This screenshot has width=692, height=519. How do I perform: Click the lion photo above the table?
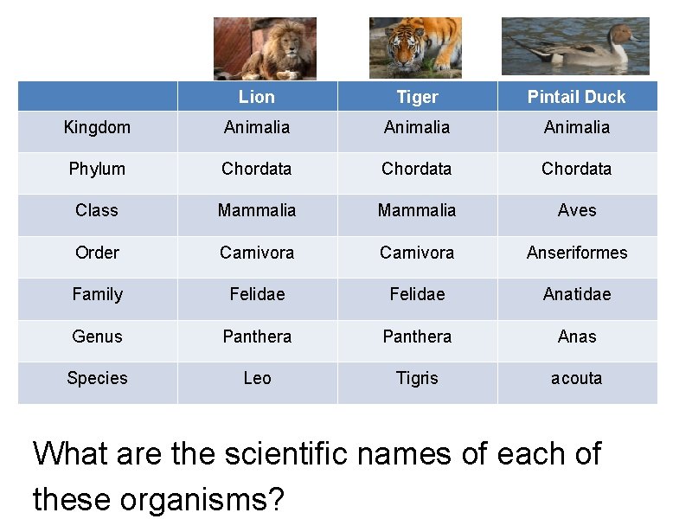(265, 49)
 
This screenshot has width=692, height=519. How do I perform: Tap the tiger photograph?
(415, 48)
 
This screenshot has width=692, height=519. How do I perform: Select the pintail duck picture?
(575, 46)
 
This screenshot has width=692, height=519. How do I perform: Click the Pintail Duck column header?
(576, 97)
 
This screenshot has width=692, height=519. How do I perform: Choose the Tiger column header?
(417, 97)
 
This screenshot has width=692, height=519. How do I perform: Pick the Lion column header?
(257, 97)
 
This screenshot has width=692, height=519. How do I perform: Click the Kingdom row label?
(97, 127)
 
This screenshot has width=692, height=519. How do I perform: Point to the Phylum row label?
(97, 169)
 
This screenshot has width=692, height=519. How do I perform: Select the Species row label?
(97, 378)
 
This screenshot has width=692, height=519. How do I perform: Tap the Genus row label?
(97, 336)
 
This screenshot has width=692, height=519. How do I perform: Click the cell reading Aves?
(577, 210)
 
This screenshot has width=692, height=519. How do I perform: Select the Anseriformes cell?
(577, 253)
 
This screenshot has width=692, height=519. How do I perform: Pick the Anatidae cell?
(577, 294)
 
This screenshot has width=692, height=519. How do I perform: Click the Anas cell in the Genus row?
(577, 336)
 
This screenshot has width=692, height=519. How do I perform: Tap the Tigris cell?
(417, 378)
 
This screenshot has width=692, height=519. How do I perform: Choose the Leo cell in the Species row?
(257, 378)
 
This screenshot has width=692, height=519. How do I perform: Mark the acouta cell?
(577, 378)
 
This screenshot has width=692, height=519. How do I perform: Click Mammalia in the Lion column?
(257, 210)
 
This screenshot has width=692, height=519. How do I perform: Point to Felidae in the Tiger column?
(417, 294)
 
